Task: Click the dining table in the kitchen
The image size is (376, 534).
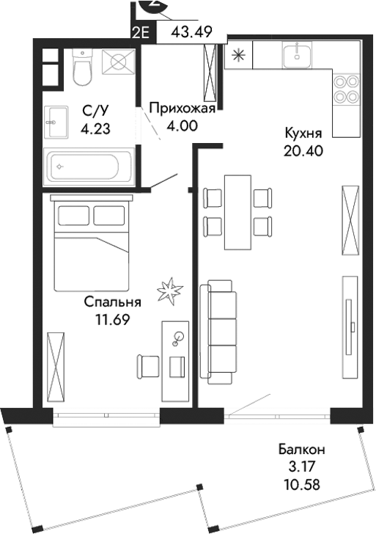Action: tap(235, 212)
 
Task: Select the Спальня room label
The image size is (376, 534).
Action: tap(112, 301)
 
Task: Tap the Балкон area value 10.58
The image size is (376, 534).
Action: tap(302, 484)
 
